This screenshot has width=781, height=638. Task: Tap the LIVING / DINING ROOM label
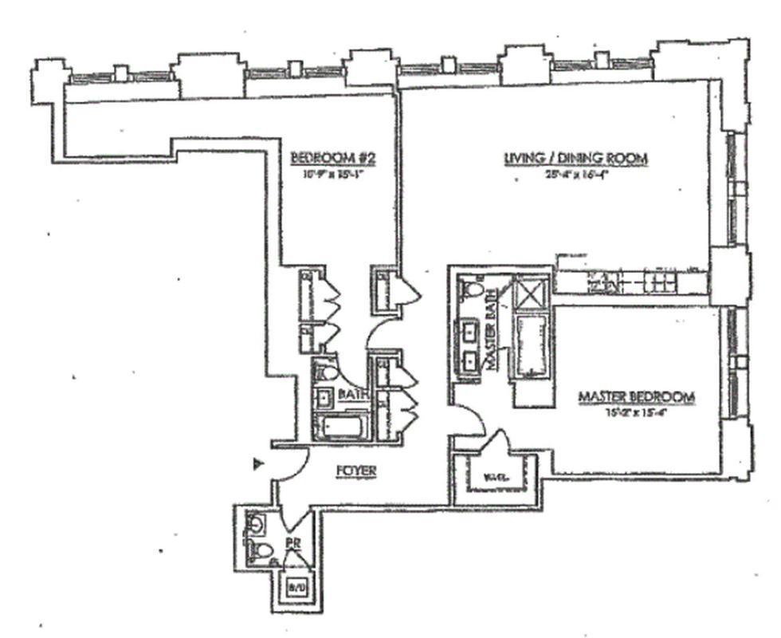click(575, 159)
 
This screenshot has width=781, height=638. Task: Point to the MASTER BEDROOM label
click(636, 396)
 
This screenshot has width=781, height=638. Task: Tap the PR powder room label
click(293, 545)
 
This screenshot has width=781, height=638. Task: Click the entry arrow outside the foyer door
click(257, 463)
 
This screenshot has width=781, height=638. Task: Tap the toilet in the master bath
click(474, 288)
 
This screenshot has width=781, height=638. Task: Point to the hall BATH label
click(351, 395)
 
